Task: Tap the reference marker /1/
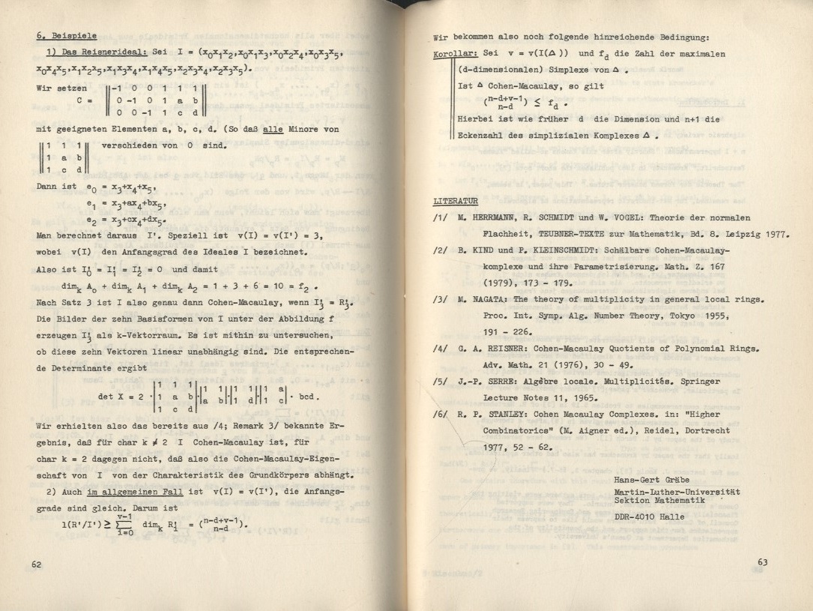tap(442, 218)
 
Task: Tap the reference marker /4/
tap(442, 349)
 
